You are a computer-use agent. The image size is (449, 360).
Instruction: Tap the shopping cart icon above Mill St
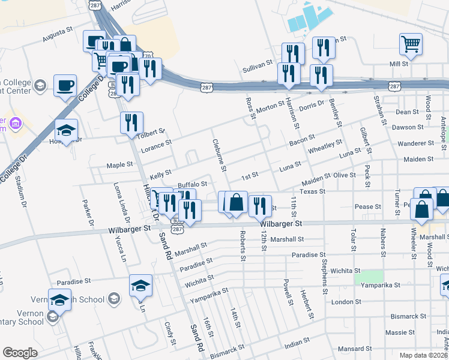pyautogui.click(x=411, y=43)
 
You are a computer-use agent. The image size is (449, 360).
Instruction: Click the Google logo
pyautogui.click(x=20, y=353)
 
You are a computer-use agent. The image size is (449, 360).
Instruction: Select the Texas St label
pyautogui.click(x=312, y=191)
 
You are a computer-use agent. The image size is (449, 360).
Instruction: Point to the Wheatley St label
pyautogui.click(x=325, y=148)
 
